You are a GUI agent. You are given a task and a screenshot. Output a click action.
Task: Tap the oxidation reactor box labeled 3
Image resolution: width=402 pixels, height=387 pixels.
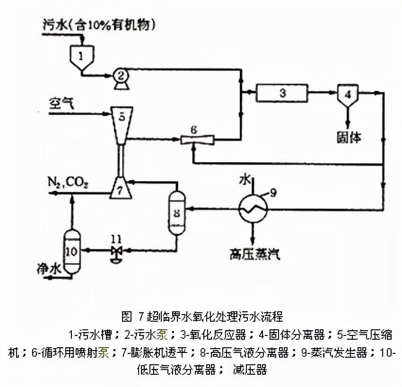(x=282, y=92)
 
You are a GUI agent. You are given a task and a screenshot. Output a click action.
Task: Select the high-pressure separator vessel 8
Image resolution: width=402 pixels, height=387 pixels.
(x=176, y=212)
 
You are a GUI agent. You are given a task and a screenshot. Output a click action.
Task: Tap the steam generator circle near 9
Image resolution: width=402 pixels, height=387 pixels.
(x=253, y=207)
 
